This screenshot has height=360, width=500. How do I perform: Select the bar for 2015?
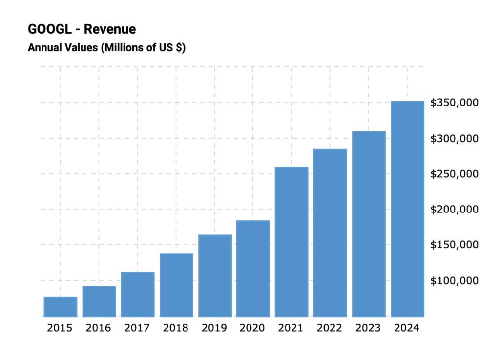click(x=60, y=307)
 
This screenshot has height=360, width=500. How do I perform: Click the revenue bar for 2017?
click(x=138, y=294)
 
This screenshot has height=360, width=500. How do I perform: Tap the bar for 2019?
click(x=215, y=275)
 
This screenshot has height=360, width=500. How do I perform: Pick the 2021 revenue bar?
click(x=292, y=241)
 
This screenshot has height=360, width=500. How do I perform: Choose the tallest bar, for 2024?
click(x=407, y=209)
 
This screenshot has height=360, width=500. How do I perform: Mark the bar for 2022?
click(x=330, y=233)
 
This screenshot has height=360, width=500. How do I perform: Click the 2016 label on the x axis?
click(x=98, y=328)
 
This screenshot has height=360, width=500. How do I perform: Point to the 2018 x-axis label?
click(x=175, y=328)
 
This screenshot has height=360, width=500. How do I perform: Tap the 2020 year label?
click(x=252, y=328)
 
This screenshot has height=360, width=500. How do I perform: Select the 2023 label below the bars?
click(x=368, y=328)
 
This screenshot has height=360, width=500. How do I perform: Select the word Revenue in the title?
click(x=110, y=29)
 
